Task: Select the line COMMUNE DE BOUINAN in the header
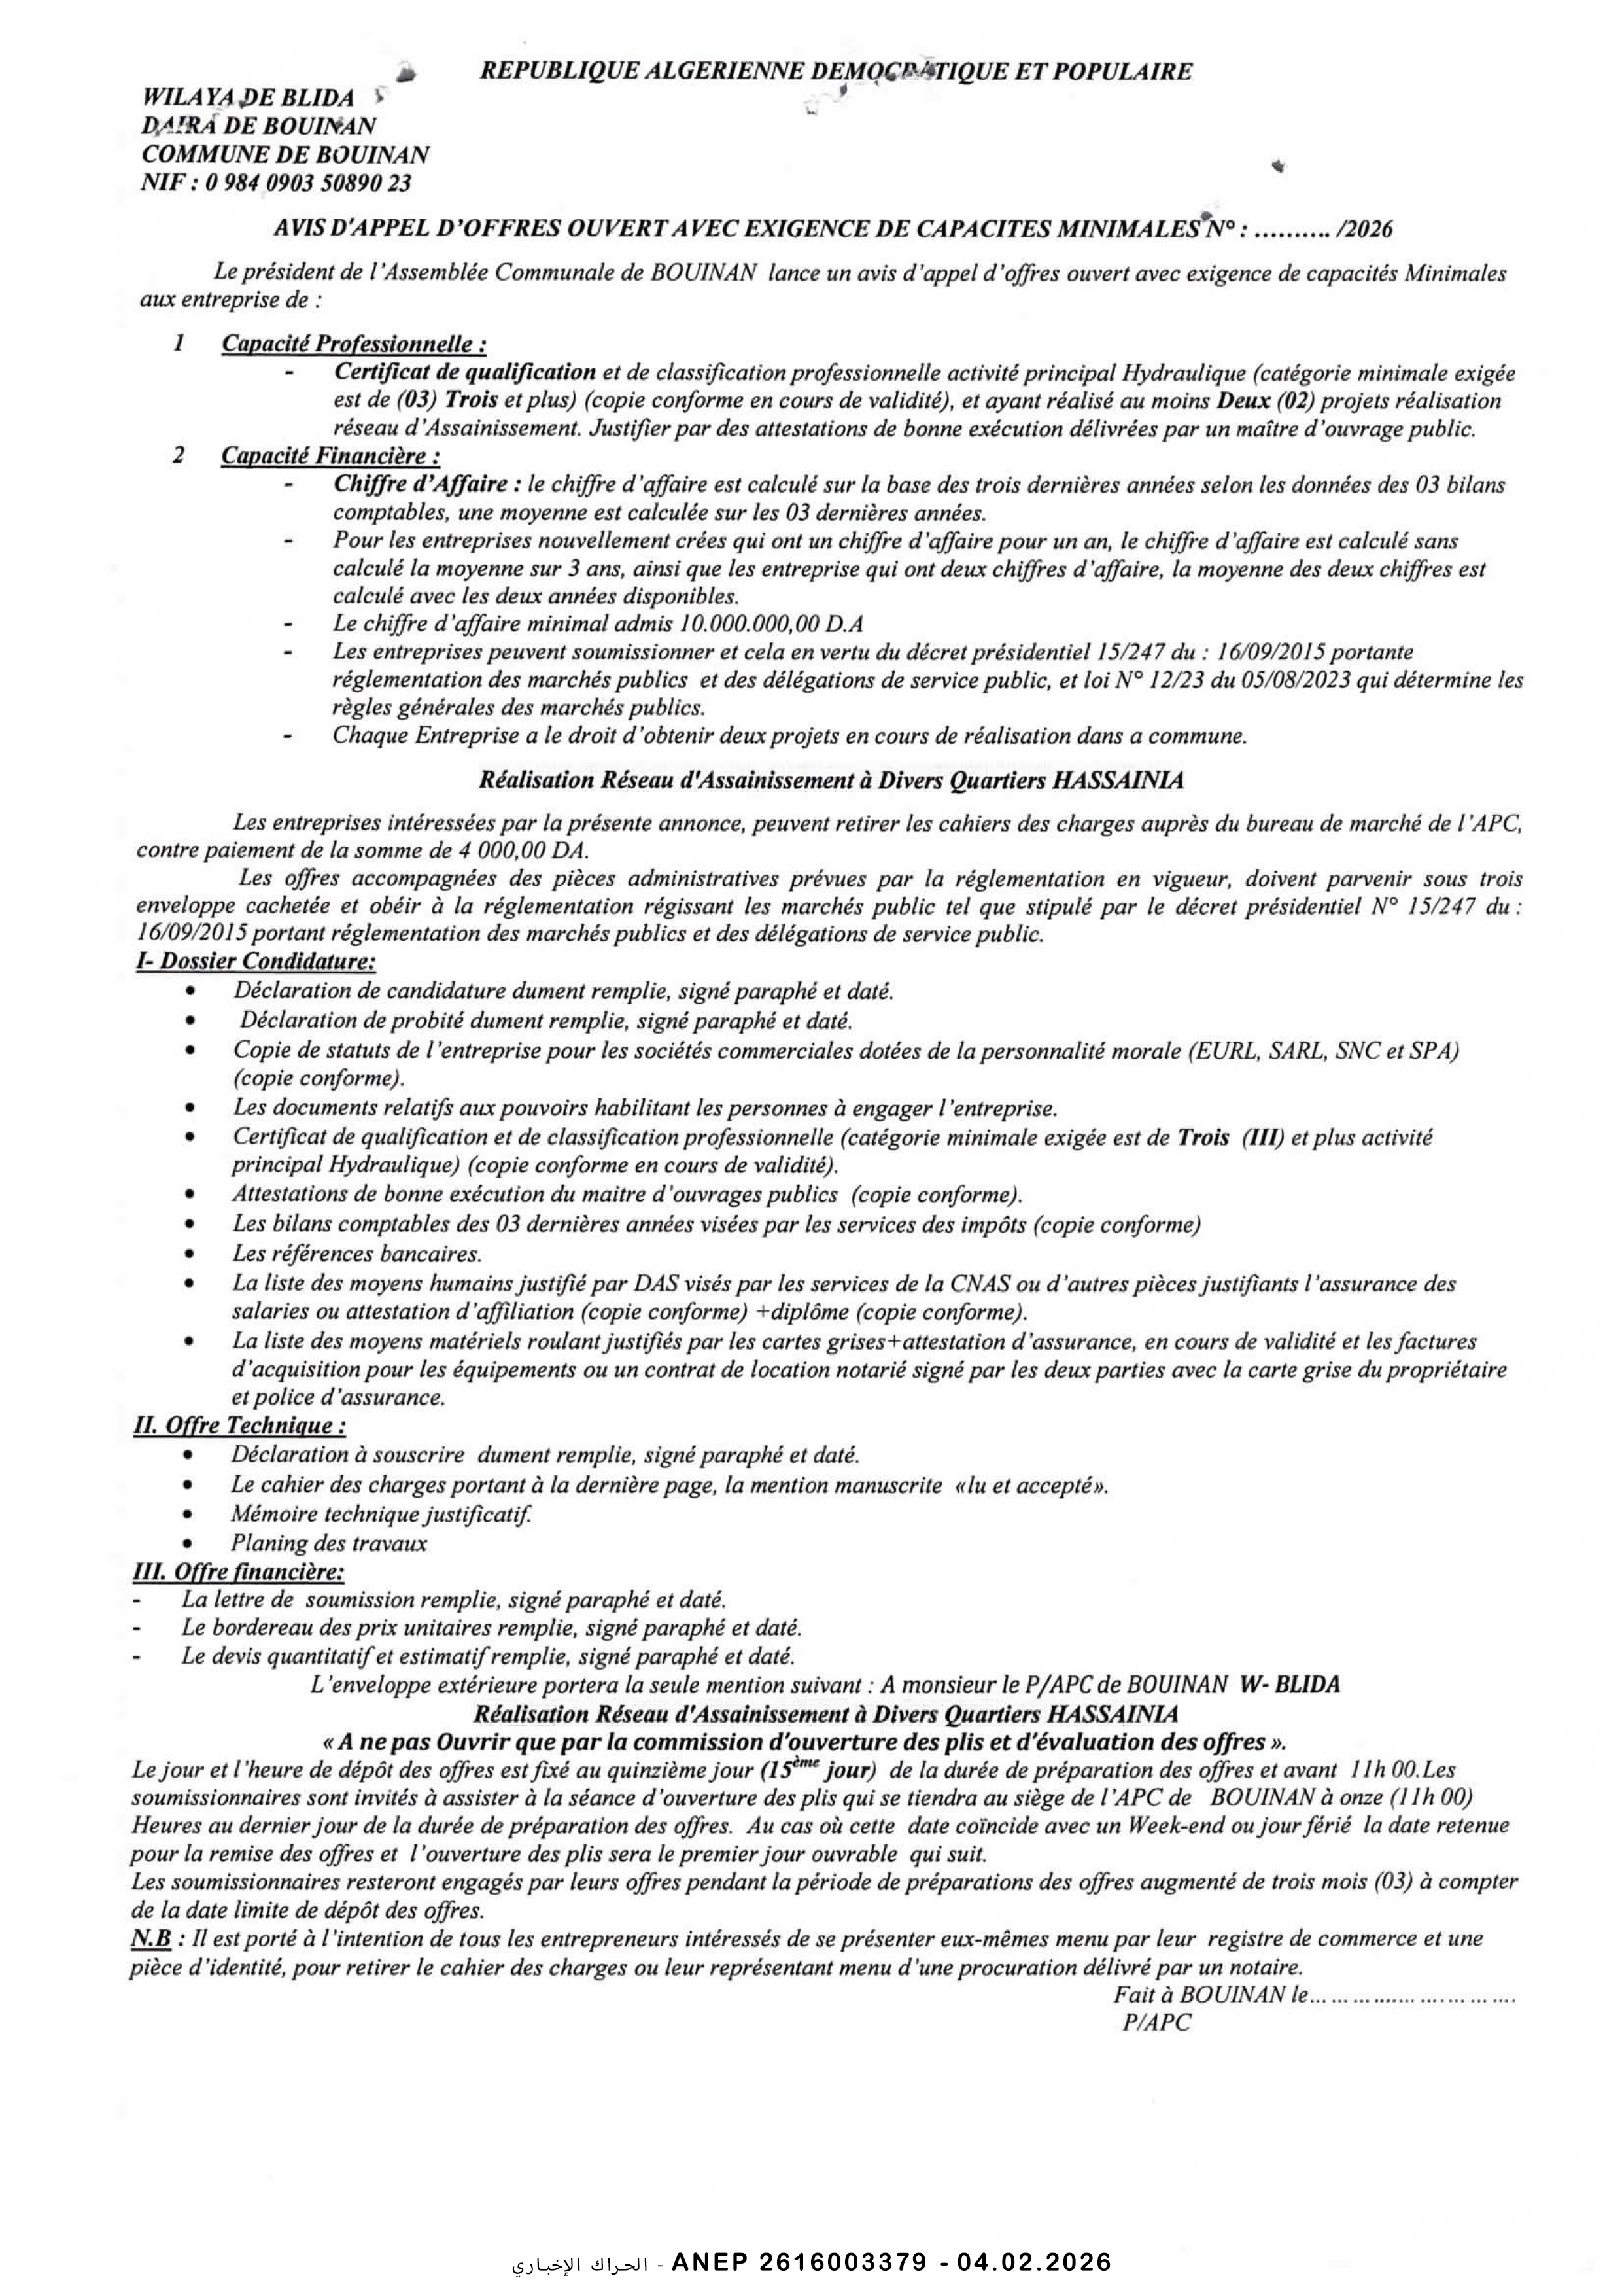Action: [x=286, y=155]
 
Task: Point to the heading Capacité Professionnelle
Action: [x=354, y=344]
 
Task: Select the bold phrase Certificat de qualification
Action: [x=465, y=373]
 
